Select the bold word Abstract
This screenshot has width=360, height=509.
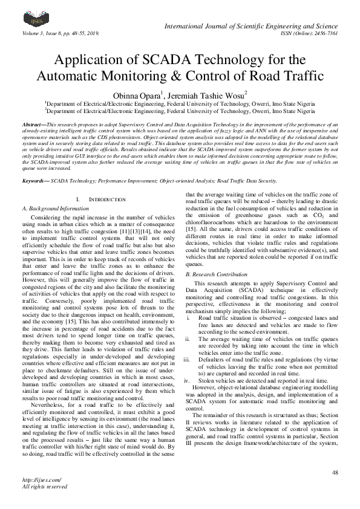click(x=33, y=123)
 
